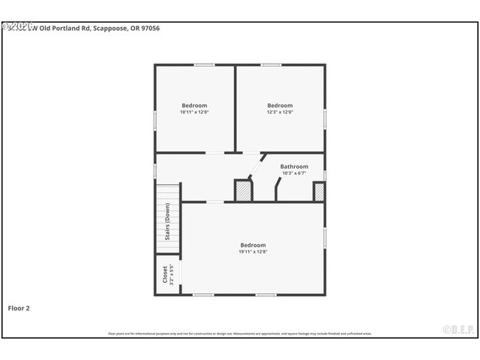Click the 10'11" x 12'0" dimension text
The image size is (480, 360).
194,112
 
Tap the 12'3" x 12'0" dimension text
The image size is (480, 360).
280,112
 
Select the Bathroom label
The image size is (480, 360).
294,166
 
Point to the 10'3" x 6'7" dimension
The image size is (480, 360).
294,173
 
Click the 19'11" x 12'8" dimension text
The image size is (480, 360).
253,252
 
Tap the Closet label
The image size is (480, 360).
165,274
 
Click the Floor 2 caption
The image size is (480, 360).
19,307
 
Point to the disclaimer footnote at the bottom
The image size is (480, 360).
240,334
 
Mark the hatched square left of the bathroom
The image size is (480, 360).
243,190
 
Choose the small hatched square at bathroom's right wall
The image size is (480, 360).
319,192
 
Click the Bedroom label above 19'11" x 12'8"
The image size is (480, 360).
253,245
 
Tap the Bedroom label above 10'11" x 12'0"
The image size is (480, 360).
194,106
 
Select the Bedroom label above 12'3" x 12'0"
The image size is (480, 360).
280,106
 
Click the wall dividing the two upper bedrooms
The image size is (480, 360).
235,109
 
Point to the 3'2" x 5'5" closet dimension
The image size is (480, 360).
172,274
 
